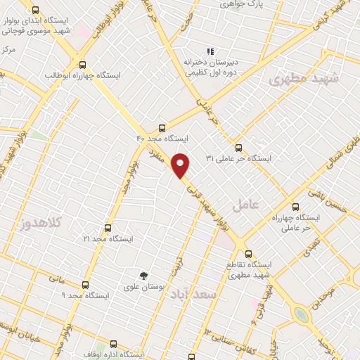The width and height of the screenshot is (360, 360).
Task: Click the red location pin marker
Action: pyautogui.click(x=181, y=165)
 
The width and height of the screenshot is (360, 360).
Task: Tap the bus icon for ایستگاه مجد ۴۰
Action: pyautogui.click(x=162, y=129)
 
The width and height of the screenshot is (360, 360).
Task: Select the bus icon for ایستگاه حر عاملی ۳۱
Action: pyautogui.click(x=238, y=148)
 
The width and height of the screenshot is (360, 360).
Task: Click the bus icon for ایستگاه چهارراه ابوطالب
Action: pyautogui.click(x=83, y=63)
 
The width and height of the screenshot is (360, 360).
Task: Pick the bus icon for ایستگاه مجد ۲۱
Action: pyautogui.click(x=108, y=228)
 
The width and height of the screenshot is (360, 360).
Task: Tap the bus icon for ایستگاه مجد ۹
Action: pyautogui.click(x=85, y=285)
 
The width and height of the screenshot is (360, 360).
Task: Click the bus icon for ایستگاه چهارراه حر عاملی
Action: pyautogui.click(x=295, y=207)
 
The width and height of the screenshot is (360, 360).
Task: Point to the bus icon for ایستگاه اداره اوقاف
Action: pyautogui.click(x=114, y=344)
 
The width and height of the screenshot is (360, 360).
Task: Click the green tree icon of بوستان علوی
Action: pyautogui.click(x=143, y=276)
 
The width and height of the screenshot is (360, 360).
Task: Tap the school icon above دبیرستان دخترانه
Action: pyautogui.click(x=208, y=51)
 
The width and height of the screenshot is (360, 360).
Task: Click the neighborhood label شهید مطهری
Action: pyautogui.click(x=303, y=80)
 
